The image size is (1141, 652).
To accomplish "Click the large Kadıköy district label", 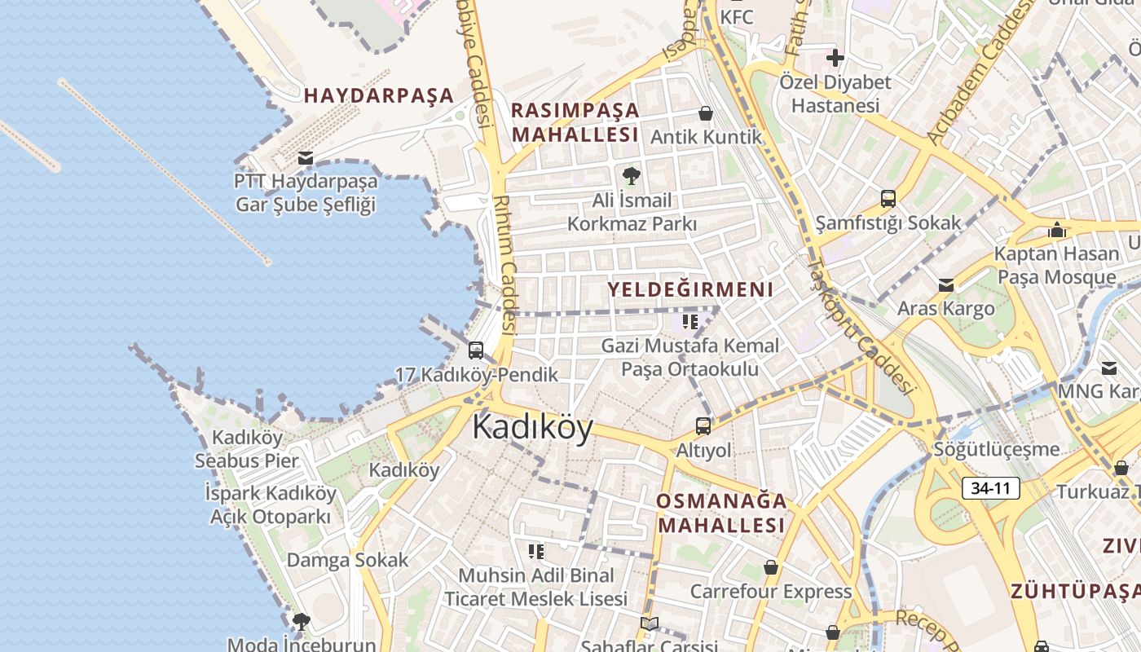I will click(x=532, y=427).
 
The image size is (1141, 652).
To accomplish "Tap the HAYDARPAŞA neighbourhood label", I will click(x=378, y=95).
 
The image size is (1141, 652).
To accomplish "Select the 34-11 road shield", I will click(x=990, y=488).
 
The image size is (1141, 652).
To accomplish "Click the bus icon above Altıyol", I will click(x=703, y=425).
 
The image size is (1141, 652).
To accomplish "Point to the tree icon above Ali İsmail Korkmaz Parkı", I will click(x=631, y=175).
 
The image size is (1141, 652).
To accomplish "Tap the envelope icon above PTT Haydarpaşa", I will click(x=306, y=157).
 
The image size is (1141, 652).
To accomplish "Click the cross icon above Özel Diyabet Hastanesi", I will click(x=835, y=58).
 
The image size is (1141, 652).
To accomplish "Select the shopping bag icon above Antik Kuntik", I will click(x=706, y=113).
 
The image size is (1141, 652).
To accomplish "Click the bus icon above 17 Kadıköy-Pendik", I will click(x=476, y=350).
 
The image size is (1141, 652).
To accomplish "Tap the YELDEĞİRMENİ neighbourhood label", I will click(x=689, y=289).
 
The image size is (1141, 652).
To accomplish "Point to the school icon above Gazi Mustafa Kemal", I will click(x=690, y=322).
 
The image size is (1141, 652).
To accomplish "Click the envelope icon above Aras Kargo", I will click(x=945, y=285).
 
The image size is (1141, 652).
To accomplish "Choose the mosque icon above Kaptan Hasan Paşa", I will click(x=1057, y=230).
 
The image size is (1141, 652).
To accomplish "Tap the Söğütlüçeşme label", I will click(x=997, y=449).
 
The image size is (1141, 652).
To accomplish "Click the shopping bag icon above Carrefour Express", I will click(x=770, y=567).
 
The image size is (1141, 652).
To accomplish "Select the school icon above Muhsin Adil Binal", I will click(x=535, y=552).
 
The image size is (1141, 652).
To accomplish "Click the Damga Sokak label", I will click(x=347, y=560).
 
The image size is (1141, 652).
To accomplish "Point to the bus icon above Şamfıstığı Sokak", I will click(x=888, y=199).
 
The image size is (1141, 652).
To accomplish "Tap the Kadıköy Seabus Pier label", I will click(x=247, y=449).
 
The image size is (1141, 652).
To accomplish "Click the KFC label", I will click(x=737, y=16).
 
